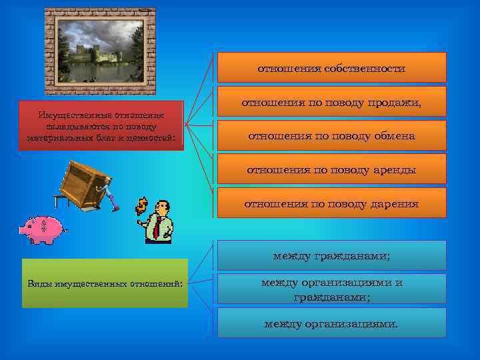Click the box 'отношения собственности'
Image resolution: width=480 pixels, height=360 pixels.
(x=331, y=67)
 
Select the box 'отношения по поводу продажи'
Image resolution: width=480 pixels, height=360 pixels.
(x=331, y=102)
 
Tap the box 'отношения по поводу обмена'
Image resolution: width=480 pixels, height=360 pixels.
(x=331, y=135)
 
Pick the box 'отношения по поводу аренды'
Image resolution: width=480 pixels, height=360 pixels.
(x=331, y=169)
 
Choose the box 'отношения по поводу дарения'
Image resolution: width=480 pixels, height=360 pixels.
(x=331, y=203)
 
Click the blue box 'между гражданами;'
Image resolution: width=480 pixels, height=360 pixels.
(x=331, y=255)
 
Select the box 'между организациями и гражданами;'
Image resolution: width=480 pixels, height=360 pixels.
(x=331, y=289)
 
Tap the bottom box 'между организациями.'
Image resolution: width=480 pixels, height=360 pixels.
(x=331, y=323)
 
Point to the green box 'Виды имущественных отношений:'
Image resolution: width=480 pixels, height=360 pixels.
(x=105, y=283)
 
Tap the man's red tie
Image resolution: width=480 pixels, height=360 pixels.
(x=157, y=227)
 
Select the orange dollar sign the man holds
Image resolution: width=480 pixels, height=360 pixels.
(x=141, y=207)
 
